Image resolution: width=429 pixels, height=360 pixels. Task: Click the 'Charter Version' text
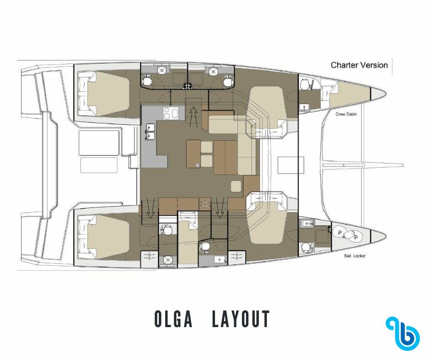359,65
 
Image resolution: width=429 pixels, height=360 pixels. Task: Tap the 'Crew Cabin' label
346,114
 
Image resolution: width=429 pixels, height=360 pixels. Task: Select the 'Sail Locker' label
355,256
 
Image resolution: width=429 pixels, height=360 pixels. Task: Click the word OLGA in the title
173,319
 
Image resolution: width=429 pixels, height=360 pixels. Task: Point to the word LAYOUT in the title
241,319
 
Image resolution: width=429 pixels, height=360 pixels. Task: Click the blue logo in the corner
403,332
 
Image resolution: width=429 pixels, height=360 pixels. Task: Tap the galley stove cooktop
170,113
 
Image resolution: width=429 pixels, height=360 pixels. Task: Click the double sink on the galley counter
150,132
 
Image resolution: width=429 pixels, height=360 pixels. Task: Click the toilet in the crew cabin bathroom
305,84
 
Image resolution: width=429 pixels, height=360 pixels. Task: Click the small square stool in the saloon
236,186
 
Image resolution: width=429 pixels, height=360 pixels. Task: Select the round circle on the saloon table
198,164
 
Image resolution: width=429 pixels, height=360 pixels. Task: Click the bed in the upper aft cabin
105,93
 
